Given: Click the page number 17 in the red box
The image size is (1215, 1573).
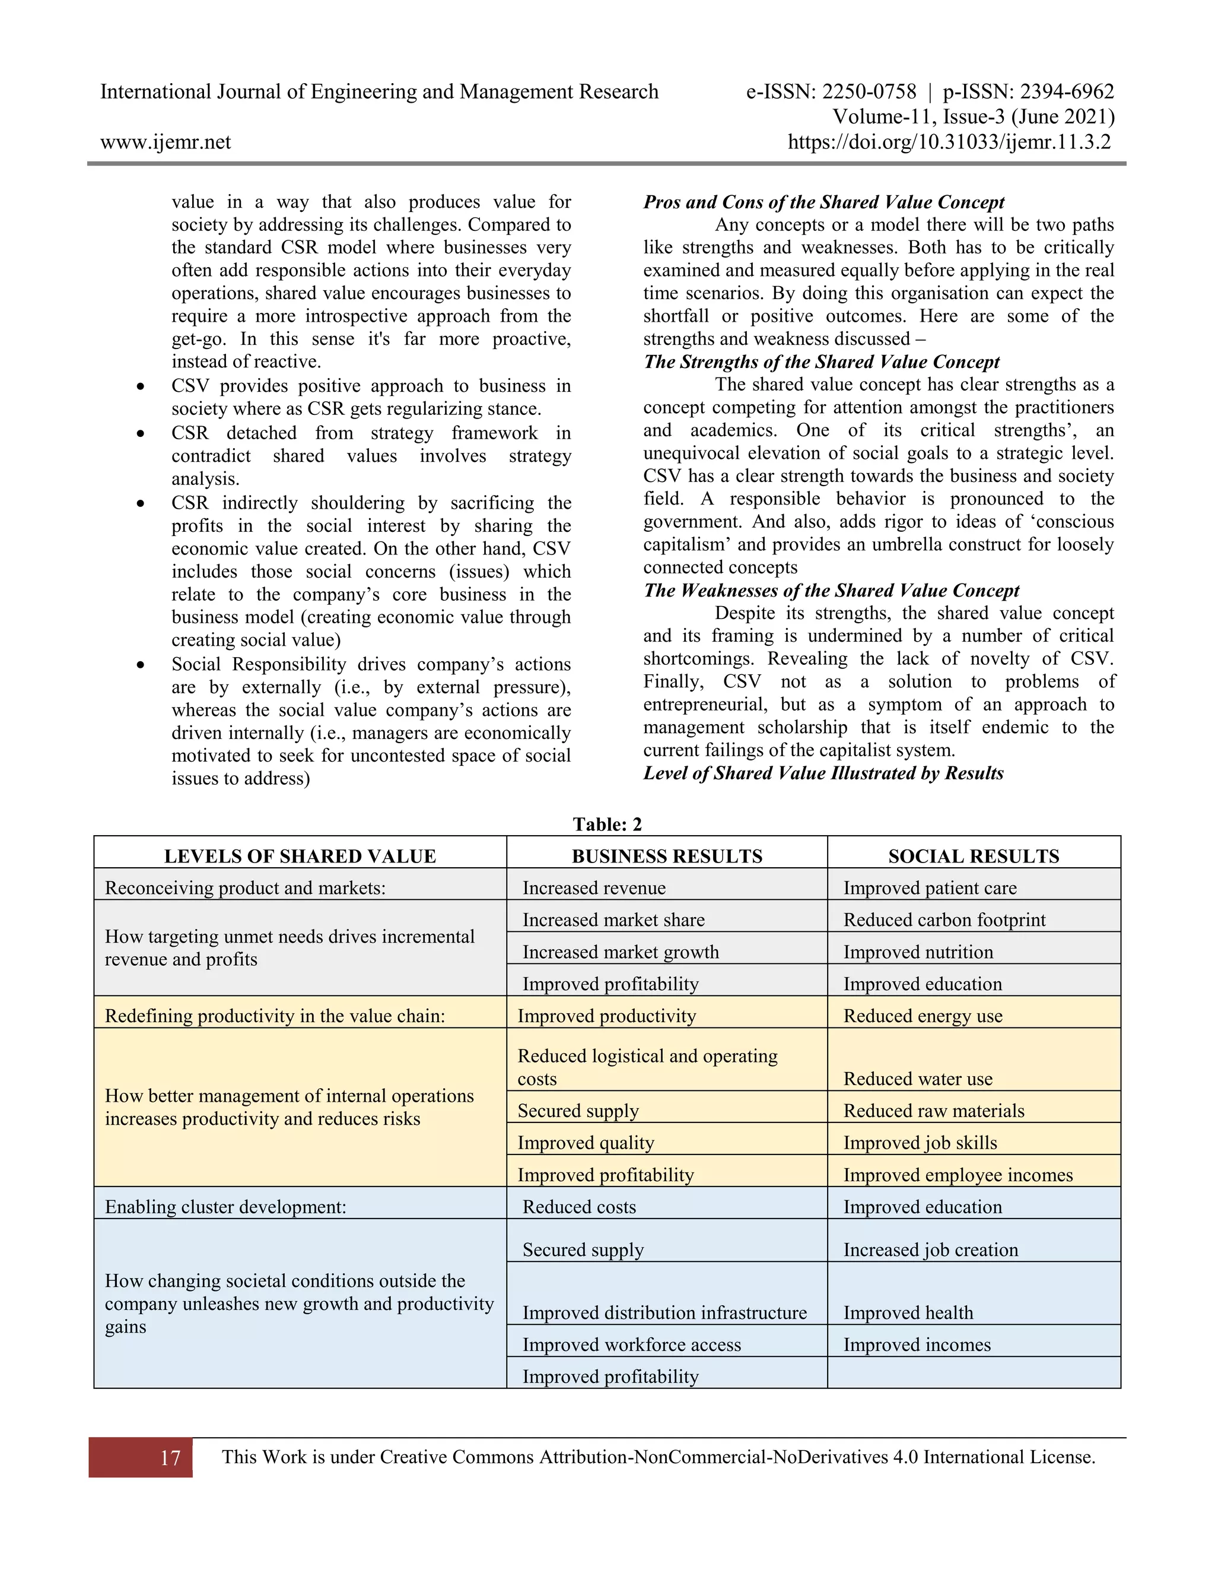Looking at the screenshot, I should tap(170, 1458).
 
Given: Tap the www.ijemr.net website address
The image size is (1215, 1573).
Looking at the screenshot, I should tap(166, 142).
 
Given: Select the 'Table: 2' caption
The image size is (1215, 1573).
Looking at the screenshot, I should tap(607, 824).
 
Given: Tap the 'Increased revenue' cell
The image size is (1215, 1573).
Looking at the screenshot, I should tap(594, 888).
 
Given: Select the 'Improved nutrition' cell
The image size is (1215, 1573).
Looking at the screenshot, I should tap(918, 952).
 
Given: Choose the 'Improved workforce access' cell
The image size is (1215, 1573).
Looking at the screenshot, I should tap(631, 1344).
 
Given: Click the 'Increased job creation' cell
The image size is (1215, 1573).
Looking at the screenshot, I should tap(931, 1249).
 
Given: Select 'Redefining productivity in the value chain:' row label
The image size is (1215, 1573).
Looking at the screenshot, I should tap(275, 1016).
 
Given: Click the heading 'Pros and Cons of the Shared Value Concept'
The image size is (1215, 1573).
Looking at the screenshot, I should tap(823, 202).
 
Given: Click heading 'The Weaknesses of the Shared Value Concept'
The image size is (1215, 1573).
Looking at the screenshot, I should tap(831, 590).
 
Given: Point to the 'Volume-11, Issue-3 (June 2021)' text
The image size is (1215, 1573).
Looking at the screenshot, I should tap(973, 117).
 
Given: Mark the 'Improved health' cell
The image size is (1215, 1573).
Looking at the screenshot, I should tap(908, 1312).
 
